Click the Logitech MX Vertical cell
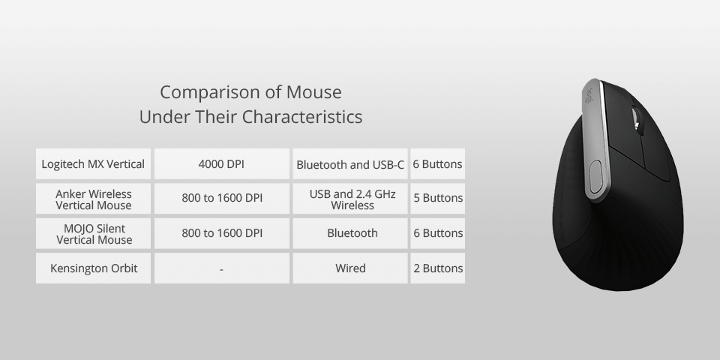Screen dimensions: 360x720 (94, 163)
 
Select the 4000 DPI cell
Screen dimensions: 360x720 (222, 163)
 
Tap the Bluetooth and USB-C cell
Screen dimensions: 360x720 (350, 163)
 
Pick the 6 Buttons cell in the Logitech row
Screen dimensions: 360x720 (438, 163)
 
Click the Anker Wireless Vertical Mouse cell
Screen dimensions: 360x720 (94, 199)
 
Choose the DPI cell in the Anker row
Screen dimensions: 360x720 (222, 199)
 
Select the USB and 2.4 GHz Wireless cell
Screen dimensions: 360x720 (350, 199)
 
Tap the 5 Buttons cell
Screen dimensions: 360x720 (438, 199)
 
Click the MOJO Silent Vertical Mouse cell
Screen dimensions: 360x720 (94, 233)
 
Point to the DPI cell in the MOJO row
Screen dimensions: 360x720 (222, 233)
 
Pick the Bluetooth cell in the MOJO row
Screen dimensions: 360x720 (350, 233)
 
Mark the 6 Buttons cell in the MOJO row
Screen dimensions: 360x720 (438, 233)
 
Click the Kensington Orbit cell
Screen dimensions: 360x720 (94, 268)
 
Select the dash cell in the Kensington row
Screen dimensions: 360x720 (222, 268)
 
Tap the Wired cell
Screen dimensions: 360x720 (350, 268)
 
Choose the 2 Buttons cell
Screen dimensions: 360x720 (438, 268)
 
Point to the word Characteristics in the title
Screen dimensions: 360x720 (302, 117)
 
